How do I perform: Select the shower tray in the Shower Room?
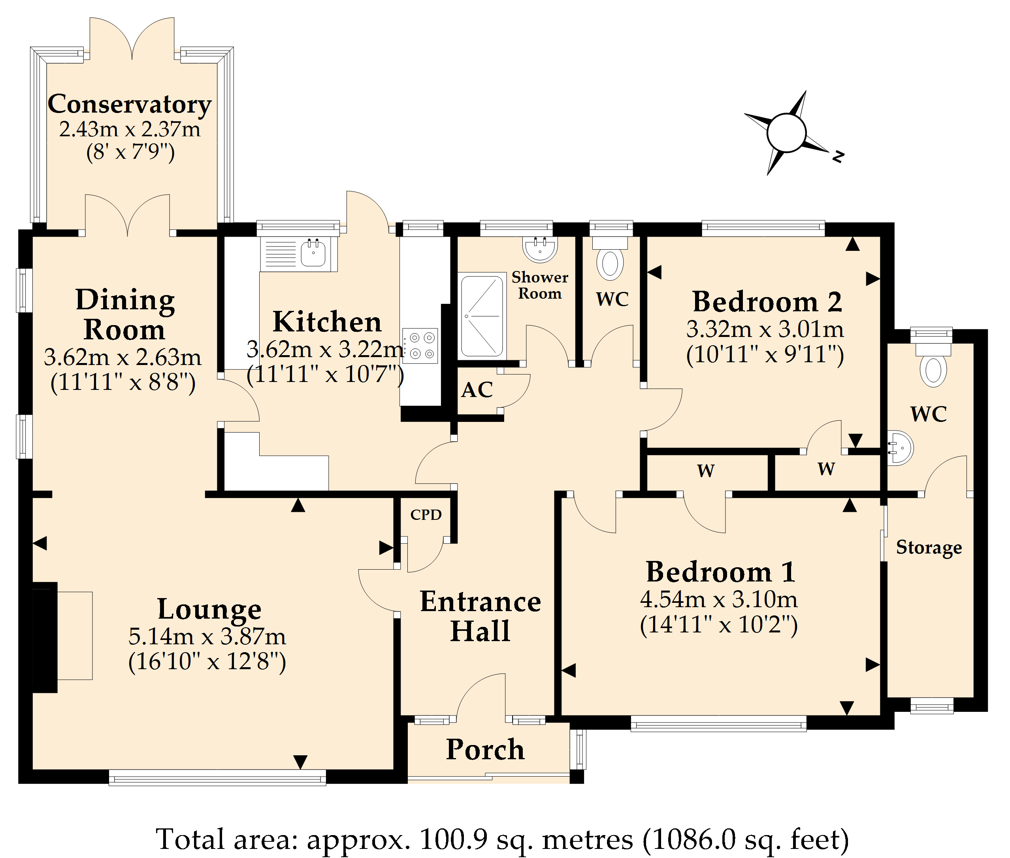click(482, 316)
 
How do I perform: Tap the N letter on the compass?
click(838, 156)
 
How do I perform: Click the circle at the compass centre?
click(786, 132)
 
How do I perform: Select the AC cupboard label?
click(477, 389)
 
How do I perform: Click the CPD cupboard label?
click(426, 515)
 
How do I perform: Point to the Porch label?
click(485, 749)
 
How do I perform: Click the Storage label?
click(929, 548)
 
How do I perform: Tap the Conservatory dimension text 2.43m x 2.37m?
click(130, 130)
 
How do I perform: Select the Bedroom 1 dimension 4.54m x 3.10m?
click(719, 599)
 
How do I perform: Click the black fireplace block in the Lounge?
click(45, 637)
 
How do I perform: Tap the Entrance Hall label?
click(480, 616)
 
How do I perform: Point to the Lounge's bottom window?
click(217, 777)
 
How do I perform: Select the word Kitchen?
click(327, 322)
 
